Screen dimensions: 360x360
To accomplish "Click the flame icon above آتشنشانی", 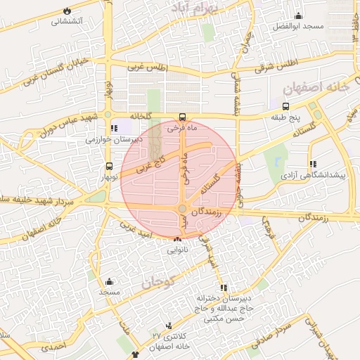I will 67,11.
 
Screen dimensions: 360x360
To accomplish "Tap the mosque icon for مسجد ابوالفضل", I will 298,16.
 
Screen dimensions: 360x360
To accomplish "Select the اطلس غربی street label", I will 146,67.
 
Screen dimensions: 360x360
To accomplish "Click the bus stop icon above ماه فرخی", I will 182,117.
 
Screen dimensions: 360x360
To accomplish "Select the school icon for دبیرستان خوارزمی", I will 113,129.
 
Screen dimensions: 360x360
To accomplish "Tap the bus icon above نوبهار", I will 108,167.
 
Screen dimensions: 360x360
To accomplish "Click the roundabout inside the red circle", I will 182,209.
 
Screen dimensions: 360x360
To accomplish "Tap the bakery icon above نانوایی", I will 176,239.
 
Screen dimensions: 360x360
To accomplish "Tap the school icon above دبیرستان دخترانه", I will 223,288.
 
